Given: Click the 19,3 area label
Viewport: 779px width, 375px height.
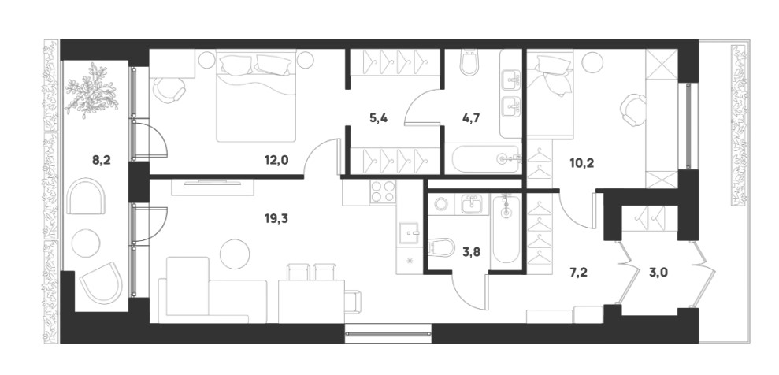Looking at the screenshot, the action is (276, 218).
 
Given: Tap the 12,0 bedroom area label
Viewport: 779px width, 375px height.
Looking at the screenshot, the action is (276, 160).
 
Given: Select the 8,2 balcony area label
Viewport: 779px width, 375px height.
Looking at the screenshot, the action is (101, 160).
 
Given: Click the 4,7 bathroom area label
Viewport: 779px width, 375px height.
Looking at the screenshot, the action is (470, 118).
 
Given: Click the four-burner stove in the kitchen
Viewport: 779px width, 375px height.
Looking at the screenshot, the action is (383, 191).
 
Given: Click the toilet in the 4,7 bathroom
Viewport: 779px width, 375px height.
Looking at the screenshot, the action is (469, 62).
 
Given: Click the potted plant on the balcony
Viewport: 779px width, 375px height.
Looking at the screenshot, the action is (91, 91).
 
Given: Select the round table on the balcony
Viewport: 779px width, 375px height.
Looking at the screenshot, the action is (86, 243).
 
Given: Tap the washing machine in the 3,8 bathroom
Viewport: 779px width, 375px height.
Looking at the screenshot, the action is (441, 204).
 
